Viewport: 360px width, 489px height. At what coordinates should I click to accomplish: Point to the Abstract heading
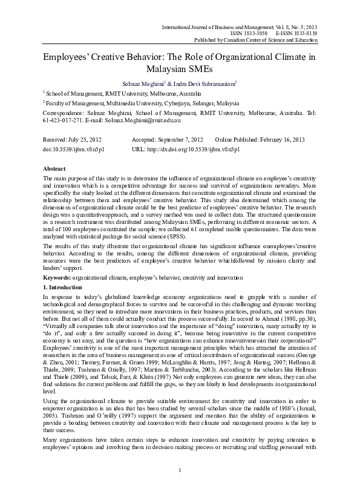55,168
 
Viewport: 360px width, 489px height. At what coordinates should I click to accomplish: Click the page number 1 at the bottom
180,471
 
